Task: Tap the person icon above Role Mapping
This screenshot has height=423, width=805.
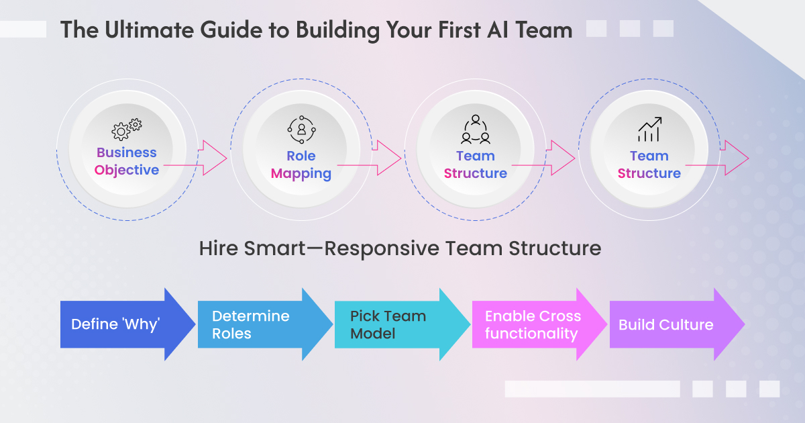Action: (x=301, y=128)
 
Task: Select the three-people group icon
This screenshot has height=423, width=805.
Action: (x=475, y=128)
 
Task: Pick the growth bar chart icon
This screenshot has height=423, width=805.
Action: (x=649, y=128)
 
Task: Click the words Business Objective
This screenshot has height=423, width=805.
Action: (x=127, y=161)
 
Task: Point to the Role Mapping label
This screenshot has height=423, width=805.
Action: (x=301, y=164)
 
